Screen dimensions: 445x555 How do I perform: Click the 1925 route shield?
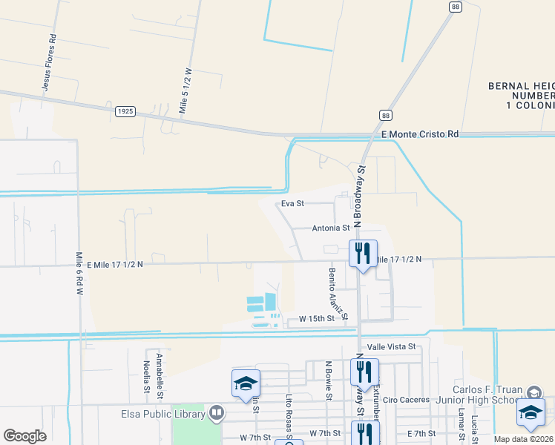pyautogui.click(x=125, y=111)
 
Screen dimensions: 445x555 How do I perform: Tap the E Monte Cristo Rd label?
pyautogui.click(x=420, y=134)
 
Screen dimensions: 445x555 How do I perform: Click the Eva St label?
pyautogui.click(x=293, y=202)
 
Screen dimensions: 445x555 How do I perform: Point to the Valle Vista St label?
pyautogui.click(x=390, y=346)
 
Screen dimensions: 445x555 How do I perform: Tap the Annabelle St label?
pyautogui.click(x=160, y=374)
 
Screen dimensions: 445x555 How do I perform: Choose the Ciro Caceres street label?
pyautogui.click(x=406, y=400)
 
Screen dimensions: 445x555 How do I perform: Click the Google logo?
pyautogui.click(x=24, y=436)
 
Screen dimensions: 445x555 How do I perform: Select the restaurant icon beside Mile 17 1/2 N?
pyautogui.click(x=363, y=254)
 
